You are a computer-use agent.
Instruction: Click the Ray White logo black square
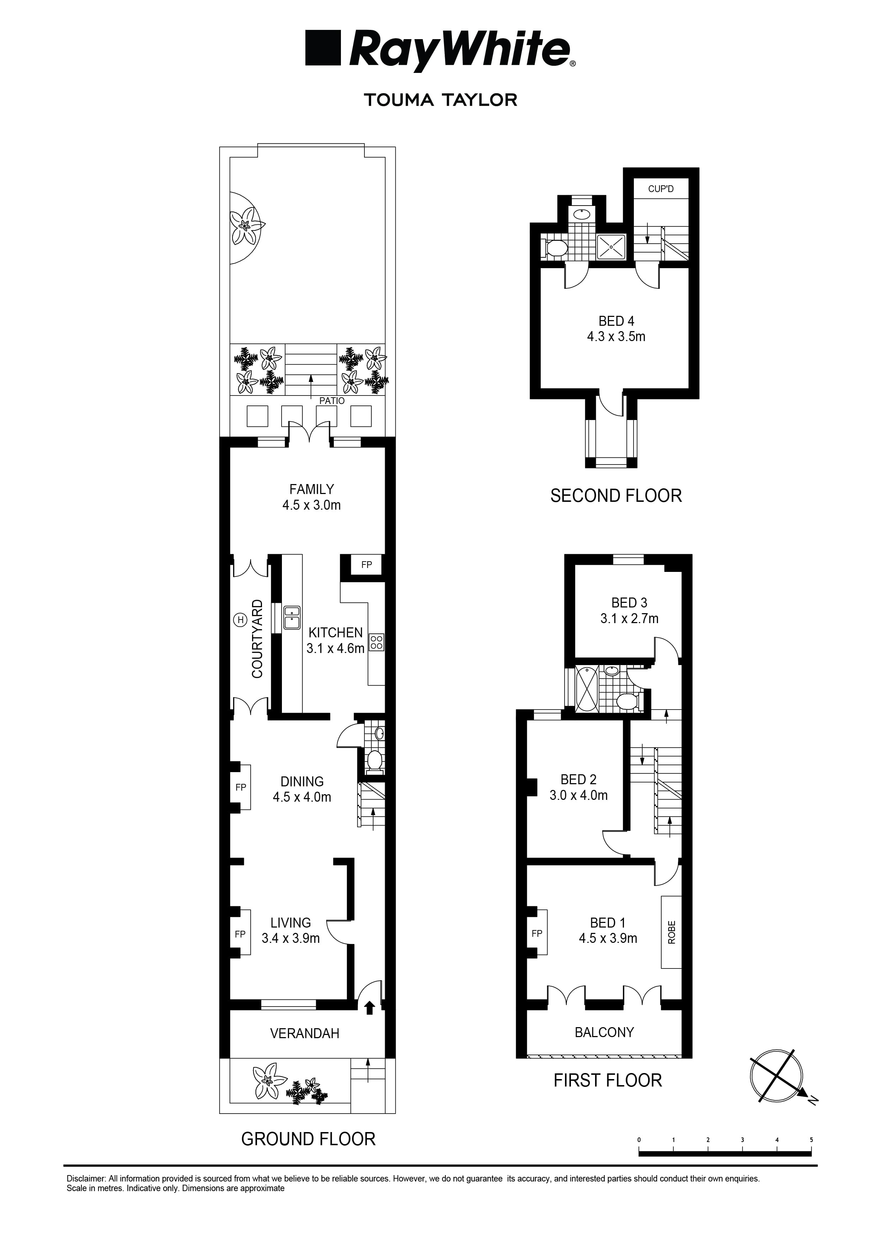323,48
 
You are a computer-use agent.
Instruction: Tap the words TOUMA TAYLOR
440,100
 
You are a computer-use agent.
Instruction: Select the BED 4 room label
616,321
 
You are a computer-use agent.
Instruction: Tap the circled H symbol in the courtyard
240,619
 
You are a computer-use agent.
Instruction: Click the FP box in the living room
240,934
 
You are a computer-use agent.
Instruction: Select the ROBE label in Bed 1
671,932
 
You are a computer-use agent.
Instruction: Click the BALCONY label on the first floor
604,1032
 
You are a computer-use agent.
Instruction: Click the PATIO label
331,400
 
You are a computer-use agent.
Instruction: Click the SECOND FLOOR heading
616,496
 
